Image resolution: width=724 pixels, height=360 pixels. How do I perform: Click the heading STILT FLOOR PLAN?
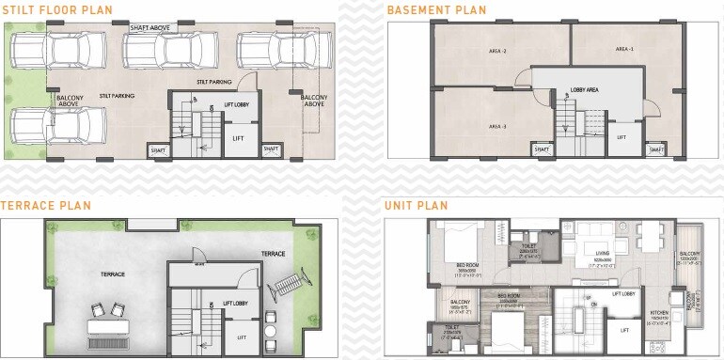55,10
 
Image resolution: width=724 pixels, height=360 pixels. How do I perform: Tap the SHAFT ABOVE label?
150,28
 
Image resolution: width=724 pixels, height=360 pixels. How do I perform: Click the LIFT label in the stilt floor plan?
238,138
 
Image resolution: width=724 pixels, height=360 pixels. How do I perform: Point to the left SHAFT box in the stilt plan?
157,149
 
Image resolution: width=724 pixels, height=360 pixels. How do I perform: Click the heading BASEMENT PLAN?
436,10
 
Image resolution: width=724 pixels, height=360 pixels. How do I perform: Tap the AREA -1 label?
625,48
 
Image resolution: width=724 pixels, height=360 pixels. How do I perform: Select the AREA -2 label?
497,50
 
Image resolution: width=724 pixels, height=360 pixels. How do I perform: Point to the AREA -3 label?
497,126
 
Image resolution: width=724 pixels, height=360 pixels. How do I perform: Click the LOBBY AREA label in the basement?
585,91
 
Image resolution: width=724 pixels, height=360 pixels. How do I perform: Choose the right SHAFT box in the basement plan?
655,149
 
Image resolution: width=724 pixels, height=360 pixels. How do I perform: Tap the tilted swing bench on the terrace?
286,279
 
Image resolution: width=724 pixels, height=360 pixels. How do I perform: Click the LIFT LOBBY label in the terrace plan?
236,303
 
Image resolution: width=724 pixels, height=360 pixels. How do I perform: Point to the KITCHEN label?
659,311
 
